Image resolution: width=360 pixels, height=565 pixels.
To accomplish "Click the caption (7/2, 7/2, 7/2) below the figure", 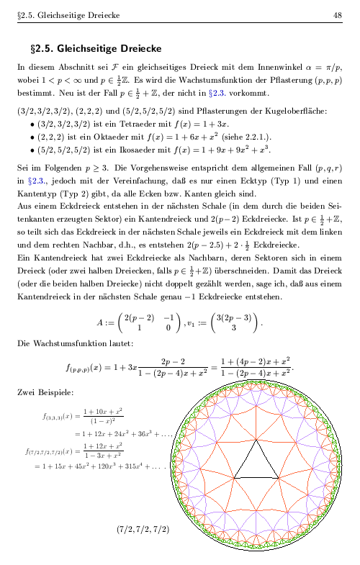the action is coord(143,530).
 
